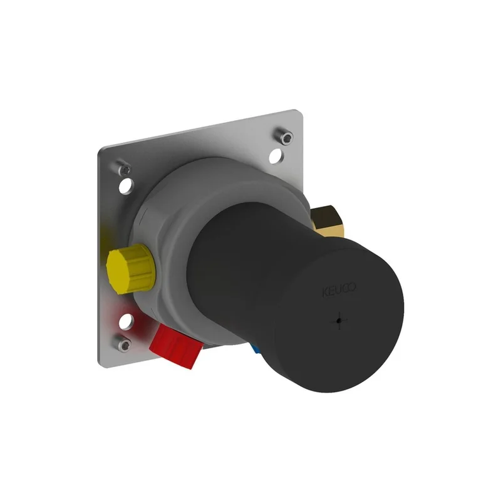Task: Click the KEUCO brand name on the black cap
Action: coord(339,290)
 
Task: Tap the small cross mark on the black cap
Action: coord(339,321)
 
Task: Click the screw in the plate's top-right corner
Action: coord(285,136)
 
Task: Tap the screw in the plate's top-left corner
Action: coord(124,168)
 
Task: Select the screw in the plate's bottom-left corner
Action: coord(123,343)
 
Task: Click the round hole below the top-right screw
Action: coord(277,156)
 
